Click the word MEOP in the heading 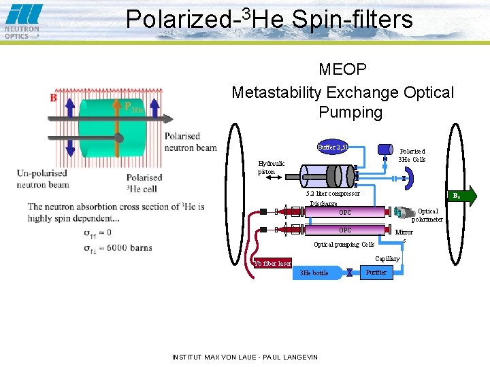pyautogui.click(x=342, y=69)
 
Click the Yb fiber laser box pyautogui.click(x=272, y=263)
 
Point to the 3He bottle pyautogui.click(x=315, y=273)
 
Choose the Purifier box pyautogui.click(x=376, y=272)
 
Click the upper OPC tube pyautogui.click(x=346, y=213)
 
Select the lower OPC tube pyautogui.click(x=346, y=230)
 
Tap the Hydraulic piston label pyautogui.click(x=272, y=167)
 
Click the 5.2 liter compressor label pyautogui.click(x=333, y=194)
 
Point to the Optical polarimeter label pyautogui.click(x=427, y=215)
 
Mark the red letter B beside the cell pyautogui.click(x=53, y=98)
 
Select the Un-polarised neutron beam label pyautogui.click(x=43, y=179)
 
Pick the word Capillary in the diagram pyautogui.click(x=387, y=258)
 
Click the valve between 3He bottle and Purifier pyautogui.click(x=349, y=273)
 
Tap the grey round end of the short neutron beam pyautogui.click(x=118, y=138)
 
